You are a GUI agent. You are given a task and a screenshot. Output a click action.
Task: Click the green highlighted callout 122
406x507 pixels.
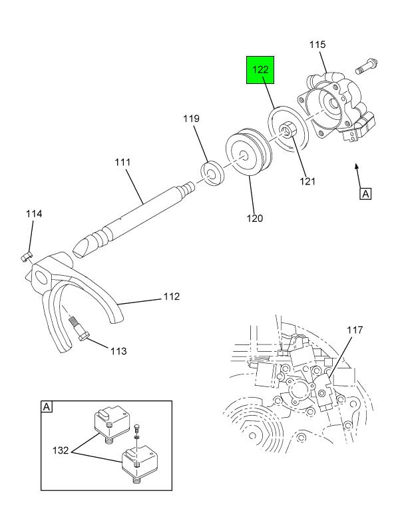260,70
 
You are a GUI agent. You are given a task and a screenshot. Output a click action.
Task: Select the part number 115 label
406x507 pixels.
317,45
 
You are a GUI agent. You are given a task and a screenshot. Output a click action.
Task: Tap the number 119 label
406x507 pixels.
192,119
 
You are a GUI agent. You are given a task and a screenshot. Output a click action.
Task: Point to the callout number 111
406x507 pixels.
122,162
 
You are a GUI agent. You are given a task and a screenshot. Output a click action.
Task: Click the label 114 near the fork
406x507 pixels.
34,214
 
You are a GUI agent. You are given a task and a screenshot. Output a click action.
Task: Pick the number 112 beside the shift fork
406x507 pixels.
172,296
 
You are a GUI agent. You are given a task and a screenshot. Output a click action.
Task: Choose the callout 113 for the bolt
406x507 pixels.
118,351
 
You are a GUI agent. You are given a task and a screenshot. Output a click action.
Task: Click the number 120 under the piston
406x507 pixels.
255,219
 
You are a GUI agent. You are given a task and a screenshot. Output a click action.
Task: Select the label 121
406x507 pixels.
307,181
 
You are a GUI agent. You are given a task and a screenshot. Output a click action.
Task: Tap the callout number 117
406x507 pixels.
355,330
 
